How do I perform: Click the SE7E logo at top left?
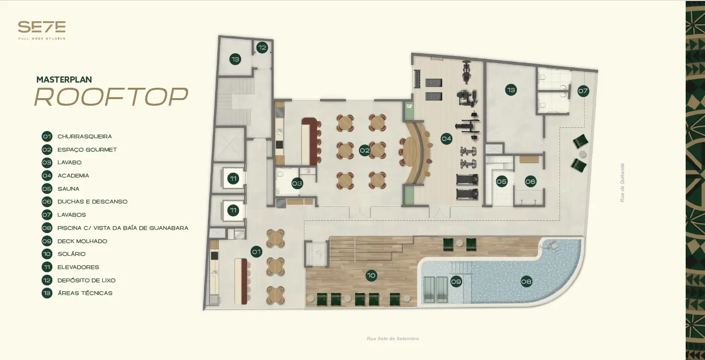click(41, 30)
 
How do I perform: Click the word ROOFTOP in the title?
click(111, 97)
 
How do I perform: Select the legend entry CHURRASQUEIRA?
click(85, 136)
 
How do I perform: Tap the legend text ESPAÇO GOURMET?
click(87, 150)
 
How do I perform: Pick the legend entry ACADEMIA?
click(74, 176)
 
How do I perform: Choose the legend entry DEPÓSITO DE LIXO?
click(87, 280)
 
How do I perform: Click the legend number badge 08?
click(47, 228)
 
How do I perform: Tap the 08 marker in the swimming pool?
click(526, 281)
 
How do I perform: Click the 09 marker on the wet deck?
click(456, 281)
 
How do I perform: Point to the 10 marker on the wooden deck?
click(372, 276)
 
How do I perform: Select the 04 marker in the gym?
click(446, 138)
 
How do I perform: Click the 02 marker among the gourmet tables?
click(365, 150)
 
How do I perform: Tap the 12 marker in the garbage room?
click(262, 48)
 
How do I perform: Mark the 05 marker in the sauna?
click(502, 182)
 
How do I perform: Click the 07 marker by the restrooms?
click(583, 91)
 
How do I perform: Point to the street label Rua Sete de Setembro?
click(393, 339)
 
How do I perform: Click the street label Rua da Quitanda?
click(622, 183)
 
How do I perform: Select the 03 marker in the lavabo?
click(297, 183)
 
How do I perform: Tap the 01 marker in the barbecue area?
click(257, 251)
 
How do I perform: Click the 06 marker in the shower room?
click(531, 181)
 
